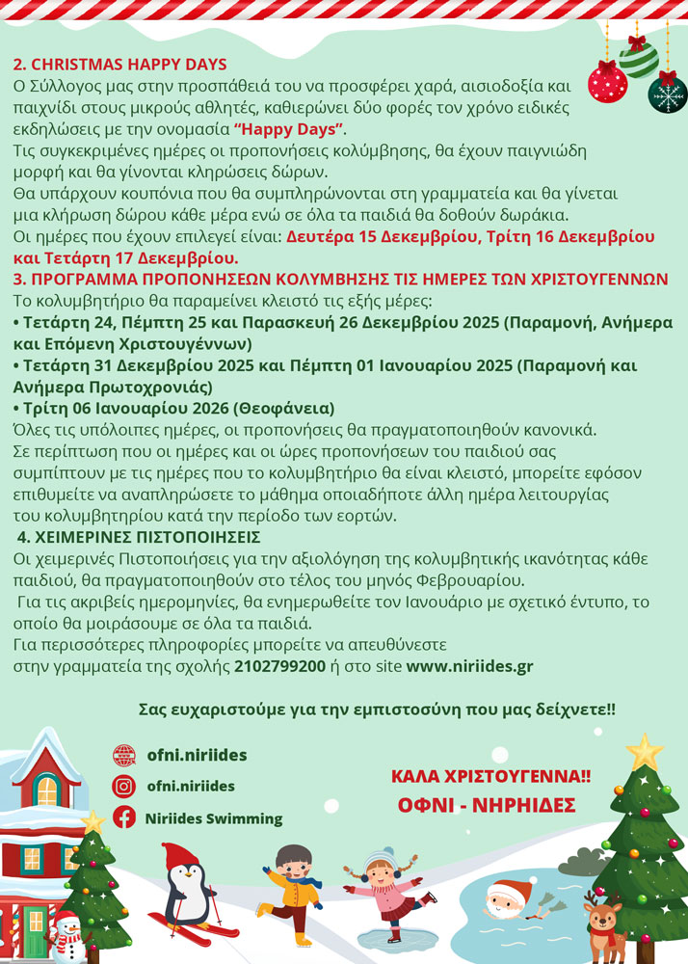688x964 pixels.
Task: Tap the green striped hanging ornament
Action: point(638,59)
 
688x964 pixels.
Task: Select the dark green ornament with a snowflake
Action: point(667,94)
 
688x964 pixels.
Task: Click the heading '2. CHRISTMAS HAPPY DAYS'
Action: point(120,66)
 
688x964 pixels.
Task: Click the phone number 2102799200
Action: point(279,666)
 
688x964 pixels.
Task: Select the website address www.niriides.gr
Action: point(469,666)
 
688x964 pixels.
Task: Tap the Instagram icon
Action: point(123,786)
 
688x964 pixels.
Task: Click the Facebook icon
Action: point(123,817)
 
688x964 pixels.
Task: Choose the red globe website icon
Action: point(123,755)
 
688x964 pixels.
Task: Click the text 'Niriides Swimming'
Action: point(214,818)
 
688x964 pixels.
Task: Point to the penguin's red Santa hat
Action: point(179,855)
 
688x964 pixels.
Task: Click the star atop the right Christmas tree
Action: point(644,751)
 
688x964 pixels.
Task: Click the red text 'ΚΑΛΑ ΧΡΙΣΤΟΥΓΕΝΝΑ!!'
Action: point(490,776)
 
